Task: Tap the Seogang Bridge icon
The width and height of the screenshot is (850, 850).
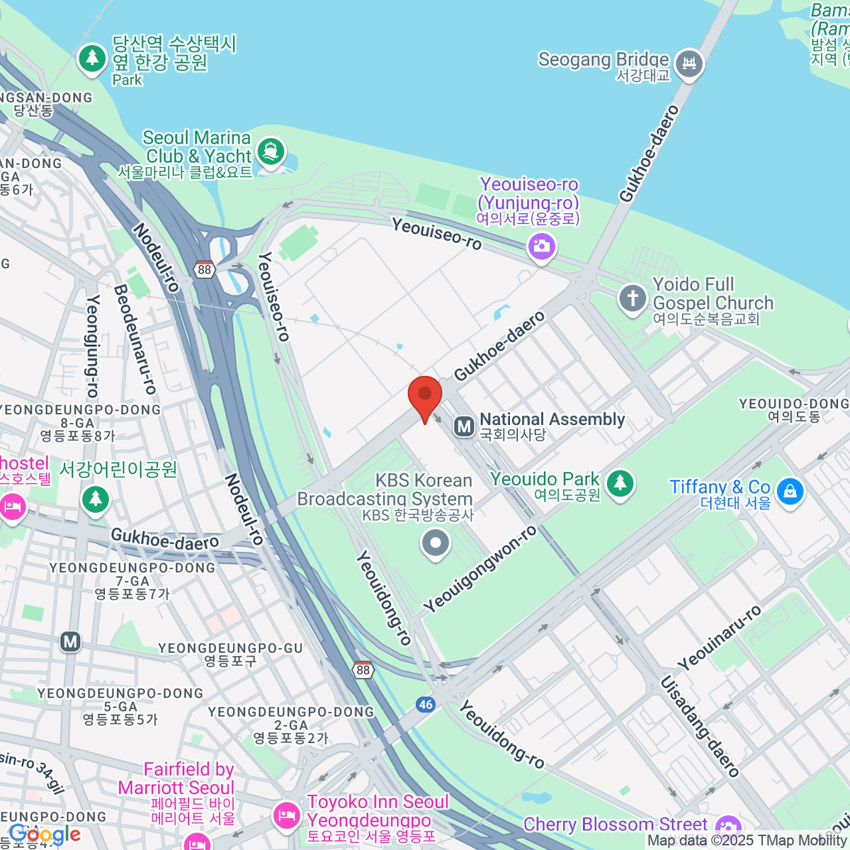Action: point(688,64)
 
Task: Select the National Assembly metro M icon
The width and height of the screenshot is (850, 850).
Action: point(464,426)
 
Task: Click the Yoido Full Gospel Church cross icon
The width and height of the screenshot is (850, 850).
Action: point(633,297)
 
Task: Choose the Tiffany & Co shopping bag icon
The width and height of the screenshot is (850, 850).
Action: point(790,490)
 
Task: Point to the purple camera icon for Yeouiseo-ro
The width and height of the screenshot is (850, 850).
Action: point(542,246)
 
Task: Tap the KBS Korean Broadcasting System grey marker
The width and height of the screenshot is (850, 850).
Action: point(436,544)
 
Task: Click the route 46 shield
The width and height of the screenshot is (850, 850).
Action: point(425,704)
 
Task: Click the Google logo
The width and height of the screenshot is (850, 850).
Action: point(44,834)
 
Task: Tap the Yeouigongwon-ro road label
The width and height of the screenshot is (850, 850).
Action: point(480,569)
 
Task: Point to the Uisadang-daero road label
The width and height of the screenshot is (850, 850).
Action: point(700,726)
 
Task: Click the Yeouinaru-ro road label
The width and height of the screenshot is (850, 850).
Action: point(719,638)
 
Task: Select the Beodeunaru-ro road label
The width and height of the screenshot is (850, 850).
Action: point(135,339)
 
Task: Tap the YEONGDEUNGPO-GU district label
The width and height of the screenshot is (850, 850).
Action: point(230,654)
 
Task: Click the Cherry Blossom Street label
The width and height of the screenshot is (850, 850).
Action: point(615,824)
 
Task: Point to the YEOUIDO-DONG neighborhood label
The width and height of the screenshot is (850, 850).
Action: point(793,409)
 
